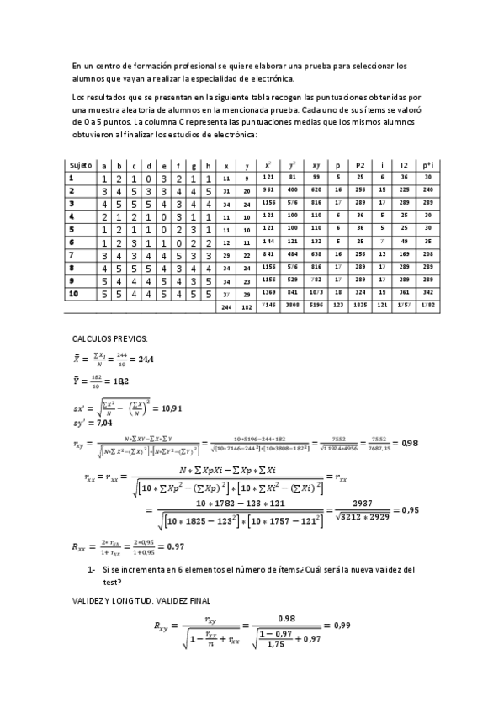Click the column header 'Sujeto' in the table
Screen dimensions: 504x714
(x=80, y=166)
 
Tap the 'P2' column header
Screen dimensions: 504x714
(x=359, y=166)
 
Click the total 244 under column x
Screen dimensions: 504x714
(x=226, y=308)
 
